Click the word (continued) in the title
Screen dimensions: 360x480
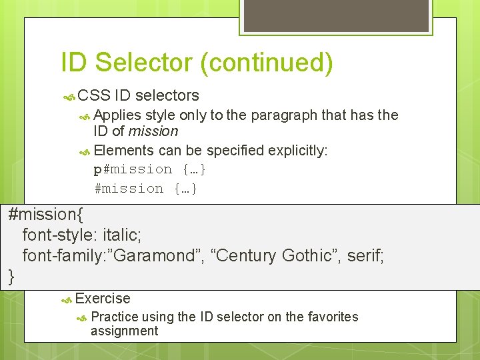[266, 63]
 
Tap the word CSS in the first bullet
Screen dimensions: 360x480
[94, 96]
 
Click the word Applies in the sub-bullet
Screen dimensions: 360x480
[117, 115]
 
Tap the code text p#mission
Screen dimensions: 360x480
[133, 169]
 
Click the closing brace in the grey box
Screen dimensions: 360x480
[11, 276]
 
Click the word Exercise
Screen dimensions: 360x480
[103, 299]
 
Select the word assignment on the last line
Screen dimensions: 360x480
[124, 331]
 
